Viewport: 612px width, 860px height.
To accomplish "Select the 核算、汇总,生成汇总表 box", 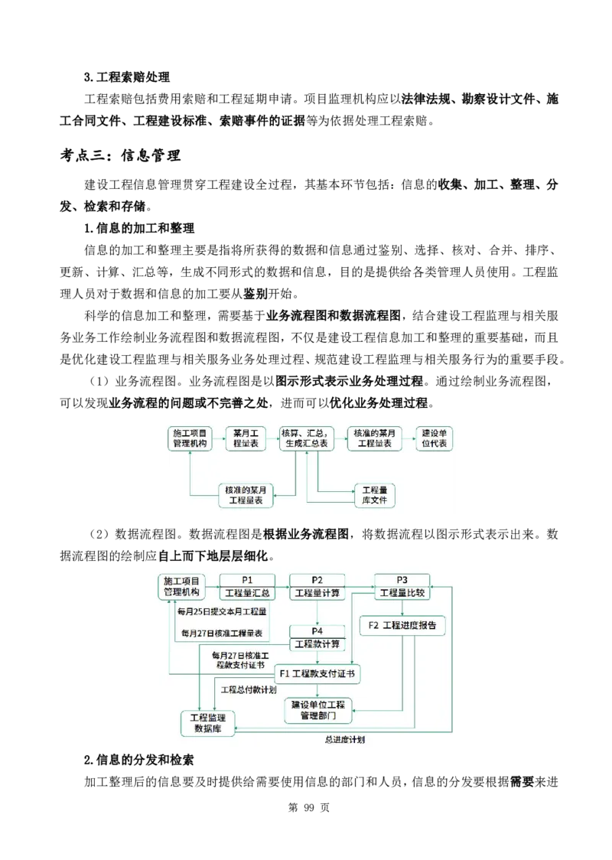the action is [x=306, y=438].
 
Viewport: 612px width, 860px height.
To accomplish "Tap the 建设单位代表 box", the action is [x=434, y=438].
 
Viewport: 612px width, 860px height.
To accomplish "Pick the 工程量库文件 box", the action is [x=374, y=494].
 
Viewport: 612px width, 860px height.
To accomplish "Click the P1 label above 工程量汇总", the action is [x=247, y=580].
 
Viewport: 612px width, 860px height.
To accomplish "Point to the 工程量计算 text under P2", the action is [x=317, y=593].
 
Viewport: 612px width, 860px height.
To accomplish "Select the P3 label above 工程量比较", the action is [x=402, y=580].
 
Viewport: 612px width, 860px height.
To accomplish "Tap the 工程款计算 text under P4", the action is [x=317, y=643].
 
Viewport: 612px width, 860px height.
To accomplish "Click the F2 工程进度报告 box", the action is [x=402, y=625].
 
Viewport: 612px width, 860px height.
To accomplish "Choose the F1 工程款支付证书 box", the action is [x=317, y=674].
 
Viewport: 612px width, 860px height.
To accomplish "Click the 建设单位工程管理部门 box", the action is [x=318, y=710].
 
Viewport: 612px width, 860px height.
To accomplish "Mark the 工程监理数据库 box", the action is [x=208, y=723].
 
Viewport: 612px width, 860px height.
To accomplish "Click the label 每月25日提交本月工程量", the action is [x=222, y=611].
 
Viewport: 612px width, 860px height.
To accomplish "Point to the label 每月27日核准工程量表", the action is [x=222, y=634].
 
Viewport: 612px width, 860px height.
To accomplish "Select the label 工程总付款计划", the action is [x=249, y=690].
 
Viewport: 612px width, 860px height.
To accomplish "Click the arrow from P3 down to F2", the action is [x=402, y=608].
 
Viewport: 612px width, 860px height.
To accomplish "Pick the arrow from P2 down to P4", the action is [x=317, y=612].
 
